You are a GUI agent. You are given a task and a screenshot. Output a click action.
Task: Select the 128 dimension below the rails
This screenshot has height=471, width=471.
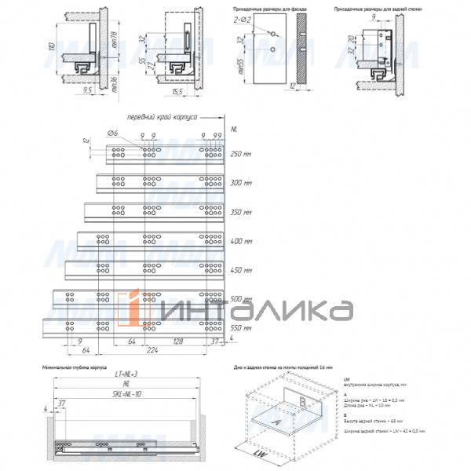181,341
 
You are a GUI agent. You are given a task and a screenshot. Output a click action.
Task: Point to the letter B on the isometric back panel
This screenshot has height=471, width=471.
301,400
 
